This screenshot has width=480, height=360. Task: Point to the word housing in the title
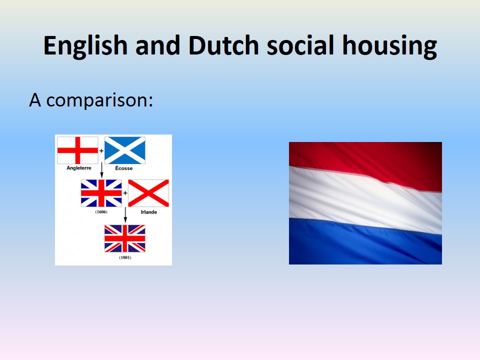point(389,46)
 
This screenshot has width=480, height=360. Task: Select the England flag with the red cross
point(78,150)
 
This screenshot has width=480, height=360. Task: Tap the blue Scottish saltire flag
point(125,150)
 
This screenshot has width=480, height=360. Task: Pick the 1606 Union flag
point(101,193)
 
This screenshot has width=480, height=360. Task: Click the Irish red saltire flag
point(148,193)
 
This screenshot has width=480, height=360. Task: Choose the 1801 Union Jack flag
point(125,238)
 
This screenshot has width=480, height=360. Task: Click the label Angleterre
point(79,168)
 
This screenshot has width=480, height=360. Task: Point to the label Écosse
point(124,168)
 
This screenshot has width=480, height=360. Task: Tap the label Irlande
point(149,212)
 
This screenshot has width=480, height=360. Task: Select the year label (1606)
point(101,212)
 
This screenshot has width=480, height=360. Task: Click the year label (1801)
point(125,257)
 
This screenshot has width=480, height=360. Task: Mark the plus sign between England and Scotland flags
point(101,150)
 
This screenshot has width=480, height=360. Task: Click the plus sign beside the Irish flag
point(125,193)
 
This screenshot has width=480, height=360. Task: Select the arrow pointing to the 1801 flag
point(125,215)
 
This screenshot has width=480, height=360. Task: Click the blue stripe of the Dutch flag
point(365,243)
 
